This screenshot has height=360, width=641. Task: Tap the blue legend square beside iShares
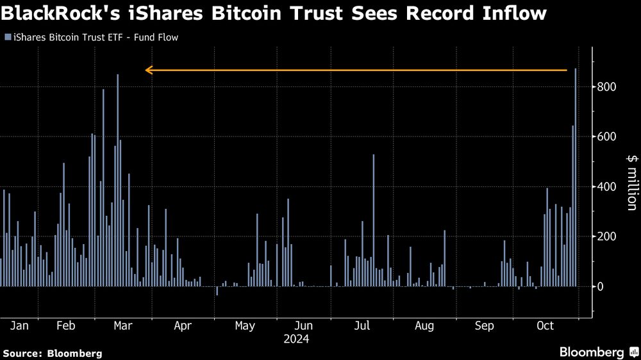[x=8, y=38]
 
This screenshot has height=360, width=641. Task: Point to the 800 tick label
[x=607, y=86]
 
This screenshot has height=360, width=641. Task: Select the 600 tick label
[x=607, y=136]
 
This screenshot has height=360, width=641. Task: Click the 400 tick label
[x=607, y=186]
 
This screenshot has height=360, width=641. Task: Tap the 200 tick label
[x=607, y=236]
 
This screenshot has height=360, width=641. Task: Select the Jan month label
[x=20, y=326]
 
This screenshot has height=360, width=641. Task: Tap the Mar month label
[x=122, y=326]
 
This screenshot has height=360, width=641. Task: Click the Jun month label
[x=303, y=326]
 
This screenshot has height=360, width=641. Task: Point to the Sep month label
[x=485, y=326]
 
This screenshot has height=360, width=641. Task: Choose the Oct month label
[x=544, y=326]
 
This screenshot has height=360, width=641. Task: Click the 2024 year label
[x=296, y=340]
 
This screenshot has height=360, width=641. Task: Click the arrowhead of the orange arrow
[x=148, y=70]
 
